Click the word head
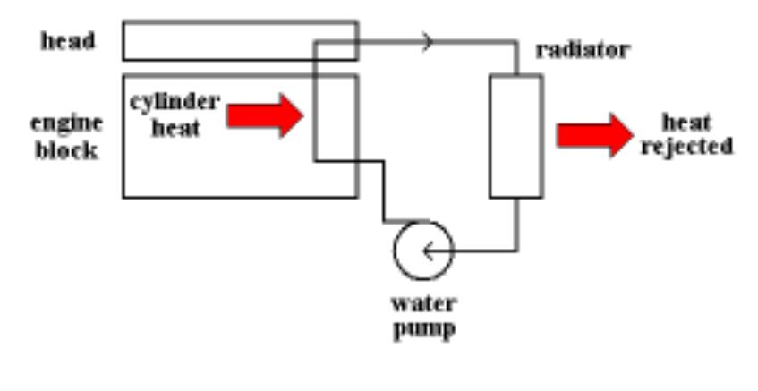(x=67, y=42)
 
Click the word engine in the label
(x=67, y=123)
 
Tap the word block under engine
(x=67, y=149)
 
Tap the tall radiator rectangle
(x=515, y=136)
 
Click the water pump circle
(x=423, y=251)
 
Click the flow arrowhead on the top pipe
(x=428, y=40)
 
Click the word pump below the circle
(x=424, y=328)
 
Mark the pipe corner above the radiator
(x=516, y=41)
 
